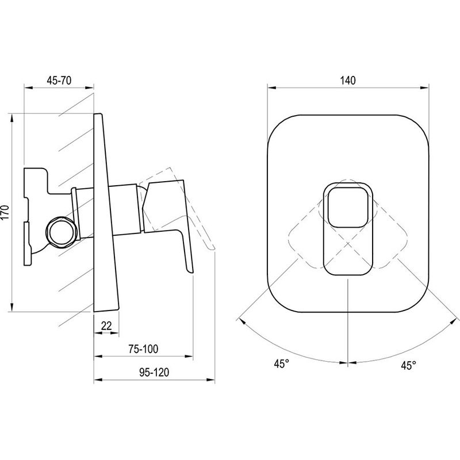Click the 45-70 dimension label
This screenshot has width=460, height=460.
pyautogui.click(x=59, y=80)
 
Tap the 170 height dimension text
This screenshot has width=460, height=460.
pyautogui.click(x=6, y=212)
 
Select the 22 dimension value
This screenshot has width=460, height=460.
pyautogui.click(x=106, y=325)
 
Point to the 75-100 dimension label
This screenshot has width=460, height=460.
pyautogui.click(x=143, y=349)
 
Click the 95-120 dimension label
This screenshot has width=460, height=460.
pyautogui.click(x=154, y=372)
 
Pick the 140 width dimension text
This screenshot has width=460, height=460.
pyautogui.click(x=348, y=80)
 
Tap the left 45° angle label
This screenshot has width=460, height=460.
pyautogui.click(x=282, y=364)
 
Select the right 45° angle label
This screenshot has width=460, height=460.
pyautogui.click(x=409, y=365)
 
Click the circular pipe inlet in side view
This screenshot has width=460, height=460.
pyautogui.click(x=62, y=233)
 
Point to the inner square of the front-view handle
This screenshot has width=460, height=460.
pyautogui.click(x=348, y=208)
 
